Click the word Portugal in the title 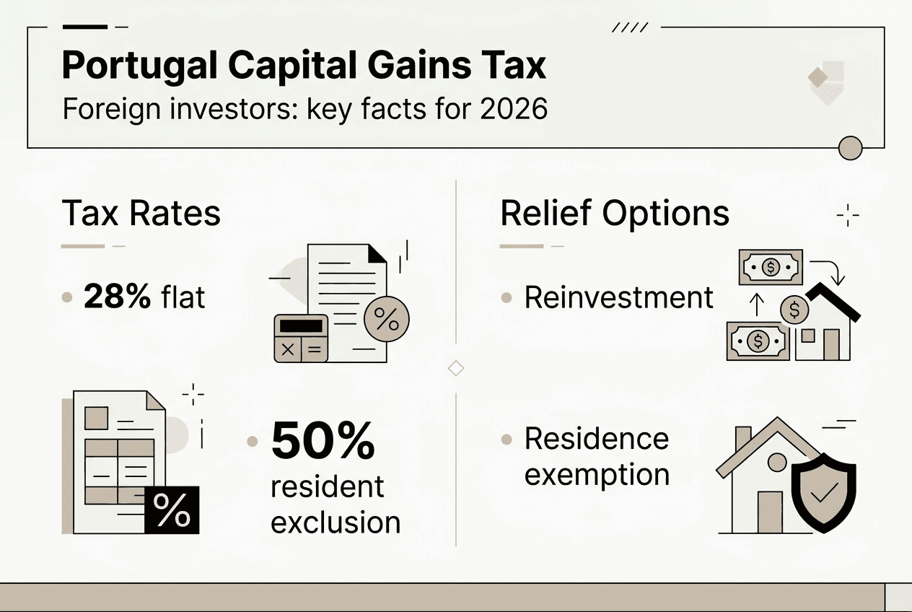coord(139,66)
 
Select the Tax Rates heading coord(141,214)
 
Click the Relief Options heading coord(615,214)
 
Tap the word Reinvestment coord(619,297)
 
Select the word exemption coord(597,475)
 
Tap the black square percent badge coord(172,510)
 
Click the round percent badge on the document coord(387,320)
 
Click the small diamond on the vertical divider coord(456,368)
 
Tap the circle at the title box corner coord(851,147)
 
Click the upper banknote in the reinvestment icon coord(771,268)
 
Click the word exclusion coord(336,522)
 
